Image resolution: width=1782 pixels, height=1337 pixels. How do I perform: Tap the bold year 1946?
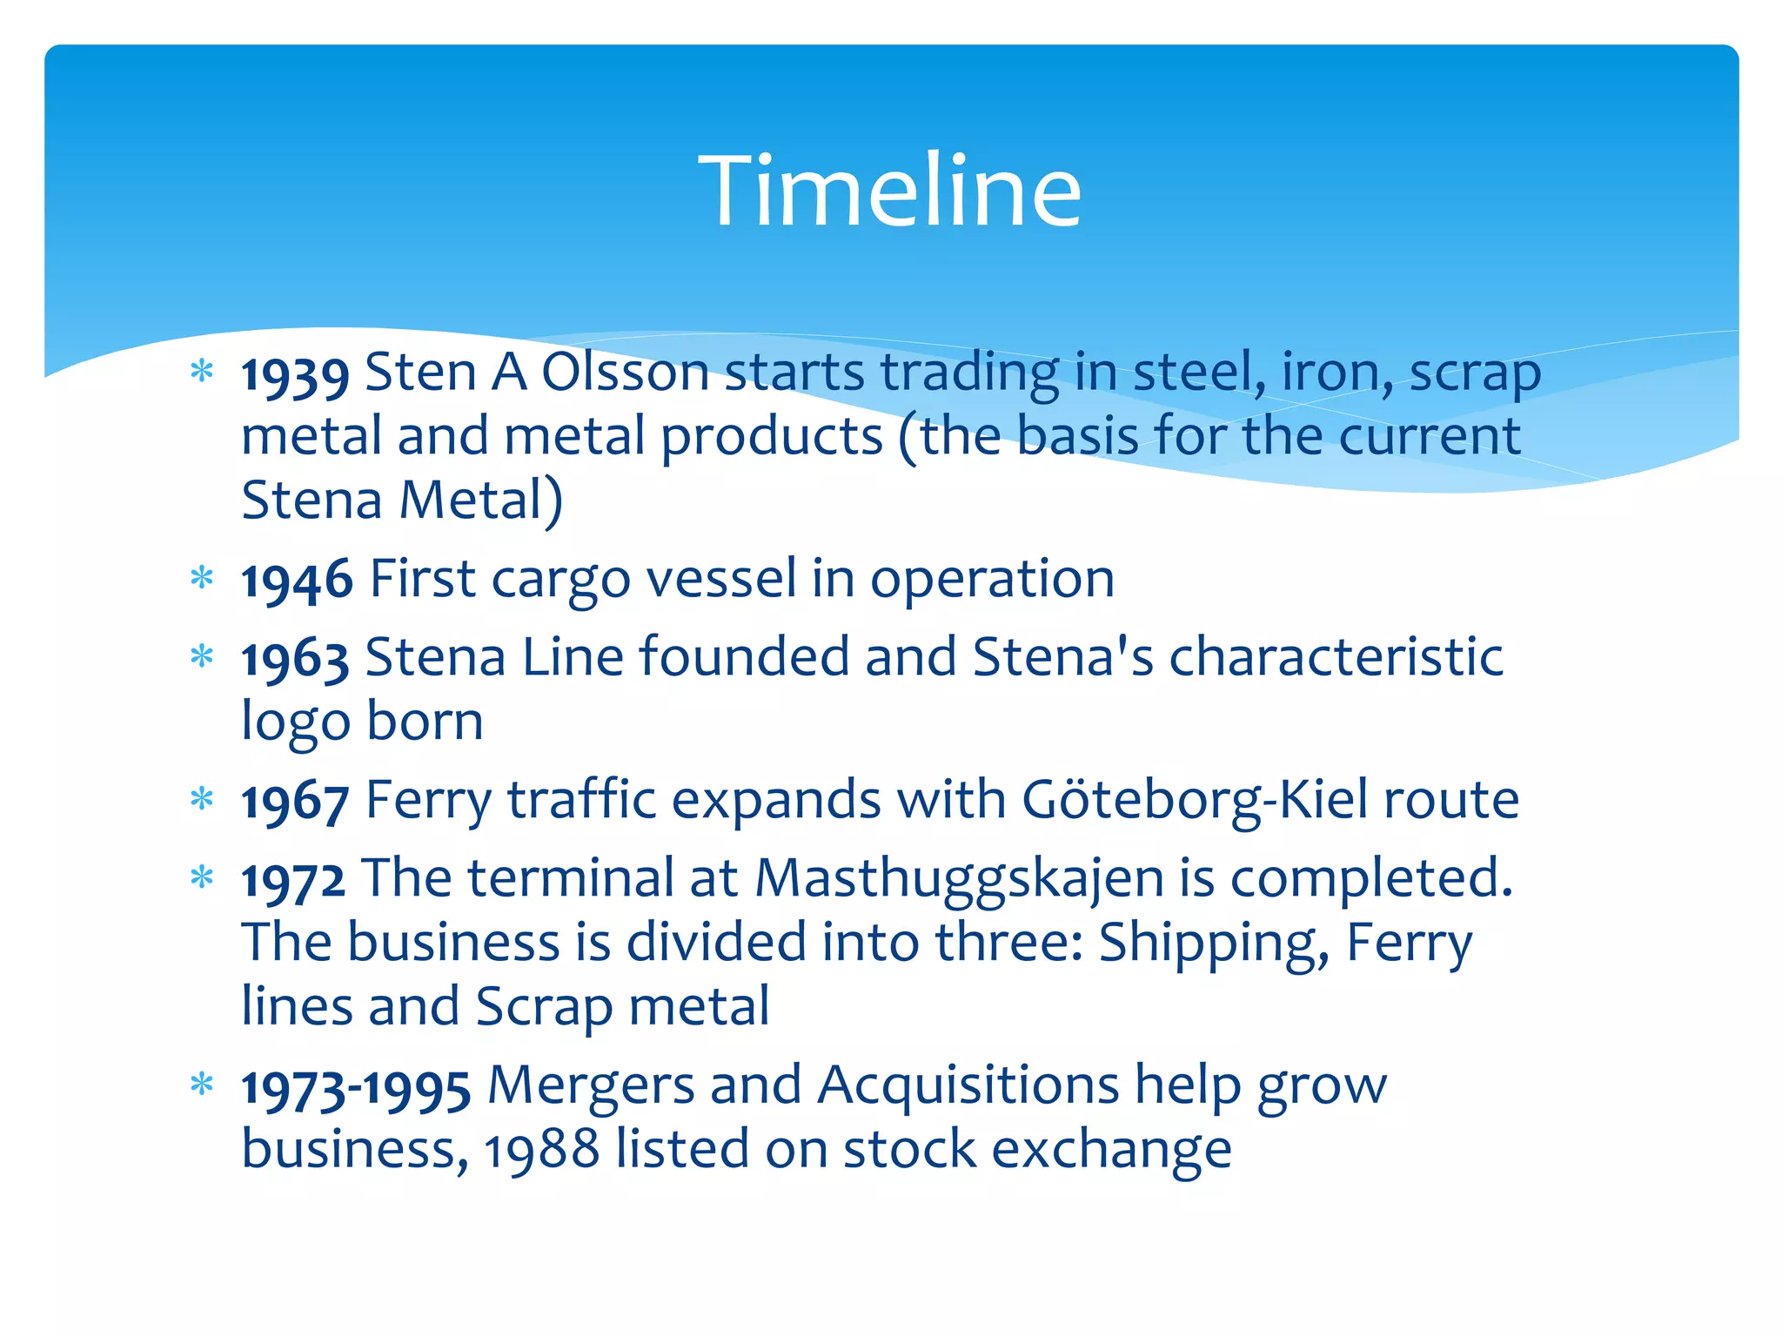click(x=297, y=581)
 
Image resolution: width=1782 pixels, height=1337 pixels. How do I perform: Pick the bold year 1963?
click(x=295, y=659)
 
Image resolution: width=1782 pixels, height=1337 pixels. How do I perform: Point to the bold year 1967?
click(x=295, y=802)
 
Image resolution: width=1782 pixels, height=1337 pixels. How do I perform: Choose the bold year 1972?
click(x=293, y=880)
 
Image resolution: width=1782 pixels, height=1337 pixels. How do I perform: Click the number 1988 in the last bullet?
click(x=541, y=1151)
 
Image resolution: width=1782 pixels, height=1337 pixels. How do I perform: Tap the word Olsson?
click(x=625, y=373)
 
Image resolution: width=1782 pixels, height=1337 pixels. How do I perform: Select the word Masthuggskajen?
click(x=959, y=879)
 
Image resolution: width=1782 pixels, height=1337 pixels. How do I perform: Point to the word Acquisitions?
click(x=968, y=1086)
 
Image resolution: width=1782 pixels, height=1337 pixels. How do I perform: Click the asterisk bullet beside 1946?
click(x=202, y=577)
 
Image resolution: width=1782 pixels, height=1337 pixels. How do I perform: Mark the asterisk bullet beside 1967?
click(x=202, y=798)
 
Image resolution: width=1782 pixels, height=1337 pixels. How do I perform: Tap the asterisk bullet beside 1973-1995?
click(x=202, y=1085)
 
